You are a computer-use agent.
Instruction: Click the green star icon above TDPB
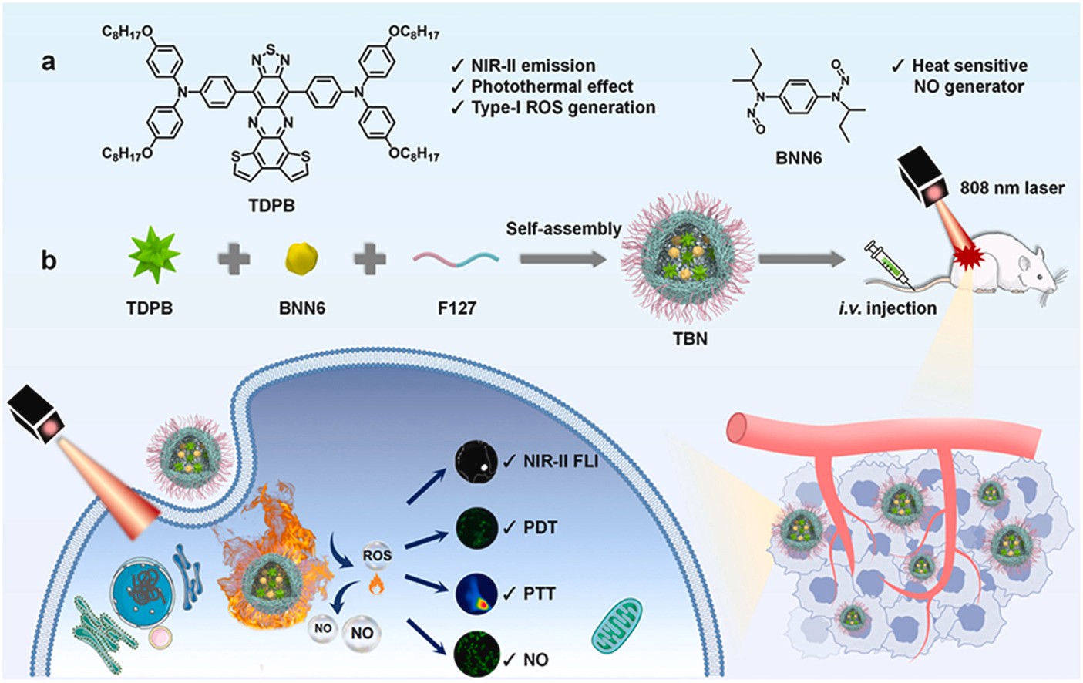coord(154,255)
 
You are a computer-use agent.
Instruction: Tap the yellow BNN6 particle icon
coord(301,258)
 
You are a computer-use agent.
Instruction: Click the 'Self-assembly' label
coord(563,229)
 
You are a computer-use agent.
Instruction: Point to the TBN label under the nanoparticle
coord(689,338)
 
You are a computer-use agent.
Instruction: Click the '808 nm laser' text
coord(1011,187)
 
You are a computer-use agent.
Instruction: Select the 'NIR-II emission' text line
coord(533,66)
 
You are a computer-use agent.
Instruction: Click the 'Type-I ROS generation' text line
coord(563,107)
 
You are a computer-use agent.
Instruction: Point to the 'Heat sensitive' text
coord(969,66)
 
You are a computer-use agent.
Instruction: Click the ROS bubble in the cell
coord(377,555)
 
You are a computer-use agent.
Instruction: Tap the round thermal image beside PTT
coord(476,594)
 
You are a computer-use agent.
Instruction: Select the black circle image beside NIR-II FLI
coord(476,461)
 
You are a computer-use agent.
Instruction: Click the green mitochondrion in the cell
coord(616,624)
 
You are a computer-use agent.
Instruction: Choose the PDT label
coord(540,527)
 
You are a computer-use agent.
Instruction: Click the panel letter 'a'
coord(49,62)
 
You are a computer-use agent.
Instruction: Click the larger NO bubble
coord(362,634)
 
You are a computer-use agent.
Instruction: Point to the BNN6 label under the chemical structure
coord(798,158)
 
